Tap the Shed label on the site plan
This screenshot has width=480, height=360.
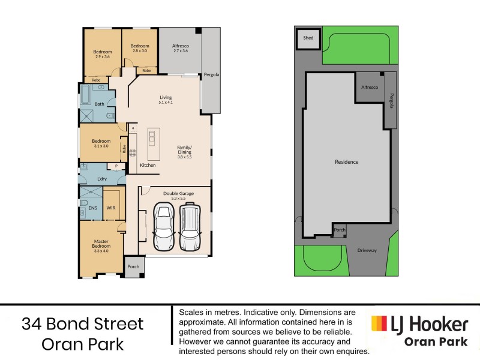coord(308,38)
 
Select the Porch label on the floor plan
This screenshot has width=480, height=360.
coord(133,267)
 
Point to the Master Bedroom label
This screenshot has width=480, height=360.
coord(101,244)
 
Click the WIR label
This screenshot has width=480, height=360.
coord(111,208)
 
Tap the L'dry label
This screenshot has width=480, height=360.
coord(101,179)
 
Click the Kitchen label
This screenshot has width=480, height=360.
coord(148,165)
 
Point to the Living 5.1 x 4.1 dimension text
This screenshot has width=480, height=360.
coord(165,103)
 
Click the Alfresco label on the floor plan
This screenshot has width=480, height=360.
coord(181,46)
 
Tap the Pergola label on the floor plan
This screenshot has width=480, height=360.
coord(211,75)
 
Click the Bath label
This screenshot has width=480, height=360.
coord(100,104)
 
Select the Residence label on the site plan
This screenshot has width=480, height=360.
coord(346,162)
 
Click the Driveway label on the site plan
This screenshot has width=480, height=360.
coord(367,250)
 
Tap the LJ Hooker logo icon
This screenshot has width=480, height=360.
coord(379,325)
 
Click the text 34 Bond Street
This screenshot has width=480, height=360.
coord(83,325)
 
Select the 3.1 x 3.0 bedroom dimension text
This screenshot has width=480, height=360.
coord(100,146)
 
